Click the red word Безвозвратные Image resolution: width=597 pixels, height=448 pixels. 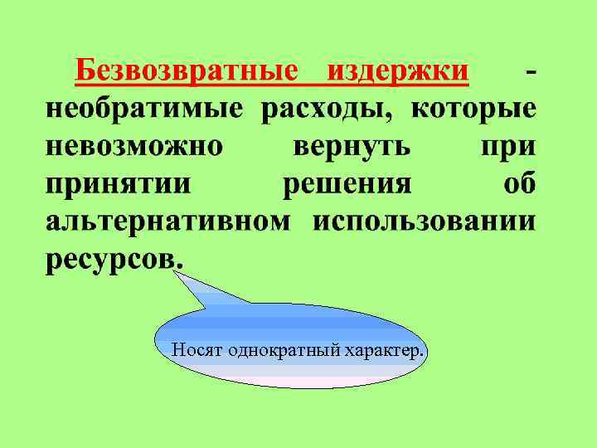(185, 72)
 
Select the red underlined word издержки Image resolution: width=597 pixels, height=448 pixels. (398, 72)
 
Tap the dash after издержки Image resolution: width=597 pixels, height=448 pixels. (530, 72)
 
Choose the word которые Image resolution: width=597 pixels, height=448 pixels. (473, 109)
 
